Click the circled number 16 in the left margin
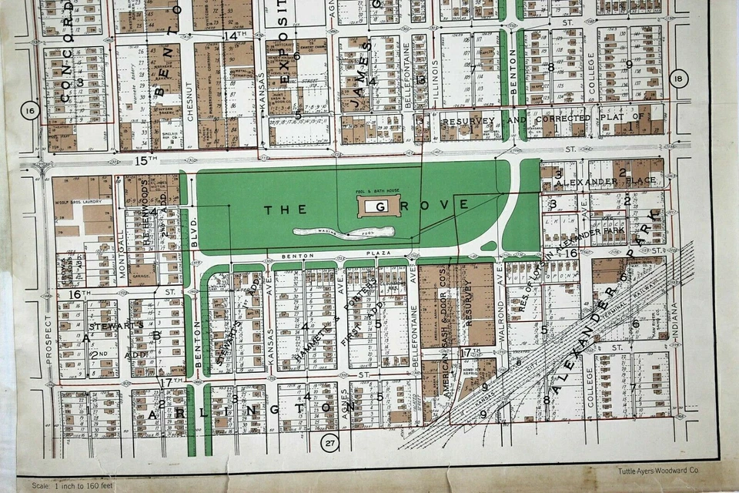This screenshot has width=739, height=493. click(30, 111)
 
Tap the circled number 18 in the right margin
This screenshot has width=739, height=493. click(677, 79)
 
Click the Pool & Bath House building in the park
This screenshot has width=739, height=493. click(378, 205)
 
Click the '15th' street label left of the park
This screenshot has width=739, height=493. click(145, 159)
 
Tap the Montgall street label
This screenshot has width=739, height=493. click(121, 245)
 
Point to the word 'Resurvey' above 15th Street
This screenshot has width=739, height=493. click(467, 121)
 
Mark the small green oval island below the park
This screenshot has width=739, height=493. click(488, 246)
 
